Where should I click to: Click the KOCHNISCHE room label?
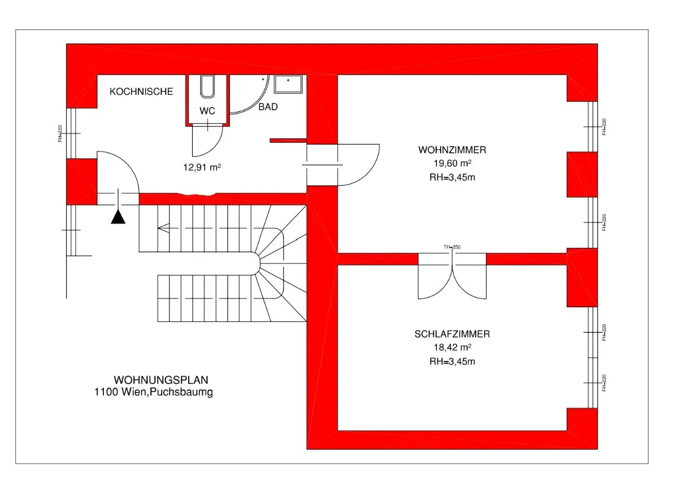[141, 92]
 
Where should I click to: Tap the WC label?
[207, 111]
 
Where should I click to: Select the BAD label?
[268, 107]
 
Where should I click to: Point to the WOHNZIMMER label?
[452, 150]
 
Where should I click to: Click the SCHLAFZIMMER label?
[452, 334]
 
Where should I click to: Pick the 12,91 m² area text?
[202, 167]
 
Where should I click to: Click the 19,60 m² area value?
[452, 163]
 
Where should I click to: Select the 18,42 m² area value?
[452, 347]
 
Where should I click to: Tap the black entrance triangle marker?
[118, 217]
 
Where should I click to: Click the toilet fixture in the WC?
[207, 86]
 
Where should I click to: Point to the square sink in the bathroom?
[288, 84]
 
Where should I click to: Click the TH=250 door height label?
[452, 247]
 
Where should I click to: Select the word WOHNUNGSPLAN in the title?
[161, 380]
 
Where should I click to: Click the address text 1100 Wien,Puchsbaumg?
[154, 392]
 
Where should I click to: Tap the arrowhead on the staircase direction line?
[163, 228]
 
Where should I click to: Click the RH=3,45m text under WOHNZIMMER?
[452, 177]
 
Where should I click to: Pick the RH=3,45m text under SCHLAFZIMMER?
[452, 362]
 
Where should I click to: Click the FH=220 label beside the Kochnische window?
[60, 133]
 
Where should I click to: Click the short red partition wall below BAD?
[288, 141]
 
